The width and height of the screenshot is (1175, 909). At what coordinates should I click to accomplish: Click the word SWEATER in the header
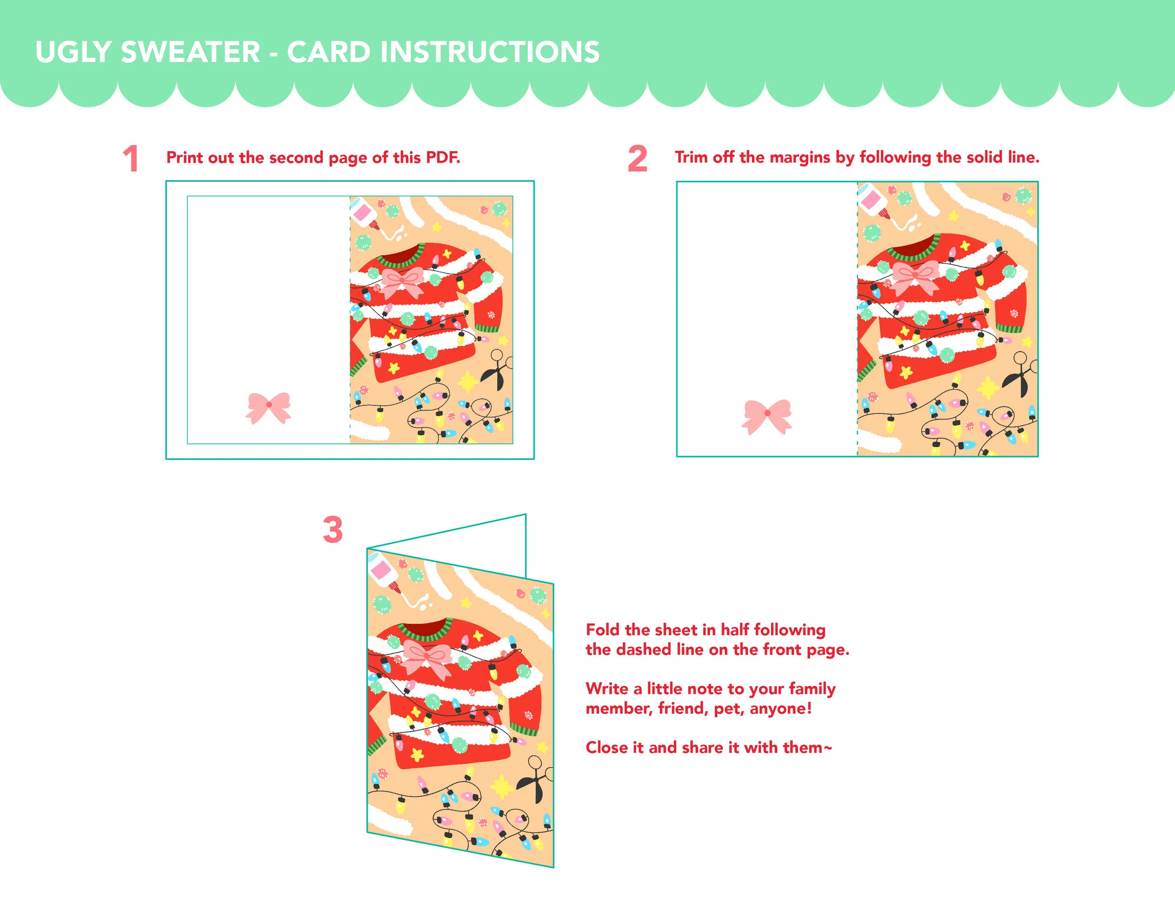pos(190,52)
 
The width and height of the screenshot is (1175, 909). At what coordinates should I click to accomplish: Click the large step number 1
pos(131,159)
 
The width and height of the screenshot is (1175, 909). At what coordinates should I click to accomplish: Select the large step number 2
pos(637,159)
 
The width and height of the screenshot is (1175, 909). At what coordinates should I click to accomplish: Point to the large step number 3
pos(332,530)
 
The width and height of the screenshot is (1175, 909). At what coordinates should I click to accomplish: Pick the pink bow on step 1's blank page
pos(268,408)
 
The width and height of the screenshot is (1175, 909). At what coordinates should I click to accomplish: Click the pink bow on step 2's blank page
pos(767,416)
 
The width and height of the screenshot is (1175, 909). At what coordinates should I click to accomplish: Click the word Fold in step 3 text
pos(603,629)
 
